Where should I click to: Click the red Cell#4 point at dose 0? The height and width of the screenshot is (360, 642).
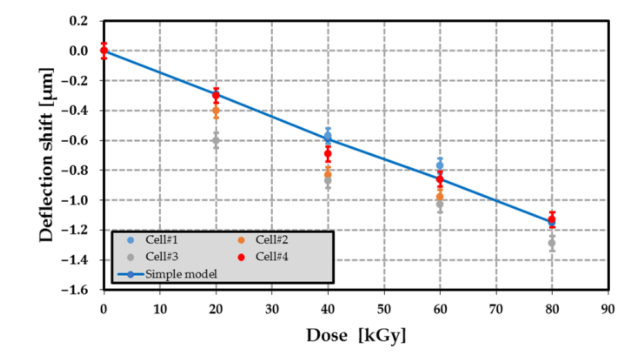pyautogui.click(x=104, y=50)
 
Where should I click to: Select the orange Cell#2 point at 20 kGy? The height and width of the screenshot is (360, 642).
pyautogui.click(x=216, y=110)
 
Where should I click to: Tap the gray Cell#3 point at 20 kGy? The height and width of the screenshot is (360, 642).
pyautogui.click(x=216, y=140)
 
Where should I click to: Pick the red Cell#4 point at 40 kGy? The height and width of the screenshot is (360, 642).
pyautogui.click(x=328, y=153)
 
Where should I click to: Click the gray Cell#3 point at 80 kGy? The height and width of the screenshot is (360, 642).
pyautogui.click(x=552, y=243)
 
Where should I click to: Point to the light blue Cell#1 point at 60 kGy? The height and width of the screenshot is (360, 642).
pyautogui.click(x=440, y=165)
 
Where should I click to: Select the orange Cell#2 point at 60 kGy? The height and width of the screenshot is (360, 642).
pyautogui.click(x=440, y=197)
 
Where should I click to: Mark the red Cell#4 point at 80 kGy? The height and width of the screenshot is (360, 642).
pyautogui.click(x=552, y=219)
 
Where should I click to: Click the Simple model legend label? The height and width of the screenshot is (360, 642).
pyautogui.click(x=181, y=274)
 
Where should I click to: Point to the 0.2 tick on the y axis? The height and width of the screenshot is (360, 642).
pyautogui.click(x=78, y=21)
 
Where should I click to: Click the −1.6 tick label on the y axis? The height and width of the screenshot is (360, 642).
pyautogui.click(x=75, y=290)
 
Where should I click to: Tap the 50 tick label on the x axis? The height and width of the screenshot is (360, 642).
pyautogui.click(x=384, y=310)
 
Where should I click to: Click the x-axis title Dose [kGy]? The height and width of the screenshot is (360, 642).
pyautogui.click(x=356, y=335)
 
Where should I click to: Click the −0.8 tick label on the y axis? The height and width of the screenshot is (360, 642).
pyautogui.click(x=75, y=170)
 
